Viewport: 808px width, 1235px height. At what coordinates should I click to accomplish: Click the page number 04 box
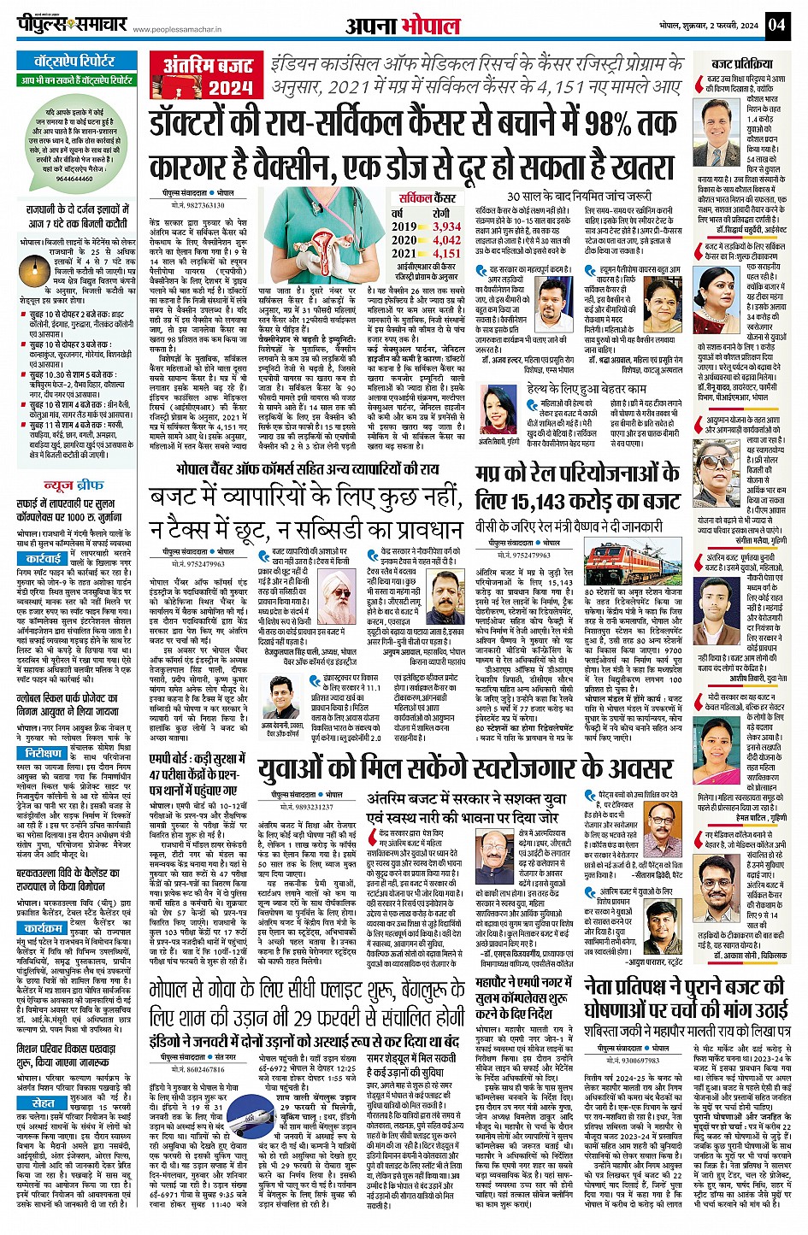776,24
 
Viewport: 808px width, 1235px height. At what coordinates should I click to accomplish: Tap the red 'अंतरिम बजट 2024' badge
208,76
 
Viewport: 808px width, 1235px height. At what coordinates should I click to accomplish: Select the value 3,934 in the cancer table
446,226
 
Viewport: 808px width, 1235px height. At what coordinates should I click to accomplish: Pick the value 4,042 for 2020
446,240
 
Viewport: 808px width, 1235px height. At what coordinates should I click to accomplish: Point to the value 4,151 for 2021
446,253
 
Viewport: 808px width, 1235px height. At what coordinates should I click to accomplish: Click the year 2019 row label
404,226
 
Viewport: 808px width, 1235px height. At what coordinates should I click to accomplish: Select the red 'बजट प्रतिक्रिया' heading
741,64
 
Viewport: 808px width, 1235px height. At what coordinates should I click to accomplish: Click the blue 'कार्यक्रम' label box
43,928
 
